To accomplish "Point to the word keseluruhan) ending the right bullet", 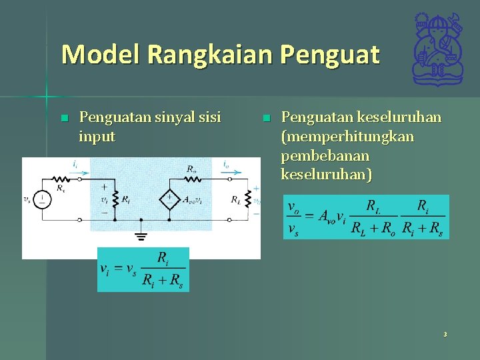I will point(327,175).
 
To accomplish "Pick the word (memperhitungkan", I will point(347,137).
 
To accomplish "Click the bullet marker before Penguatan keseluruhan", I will point(266,119).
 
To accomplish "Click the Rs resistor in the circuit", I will point(61,179).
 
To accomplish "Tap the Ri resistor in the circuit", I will point(115,199).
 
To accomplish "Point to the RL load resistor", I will point(247,199).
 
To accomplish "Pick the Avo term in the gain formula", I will point(327,216).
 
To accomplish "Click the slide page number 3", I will point(445,334).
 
